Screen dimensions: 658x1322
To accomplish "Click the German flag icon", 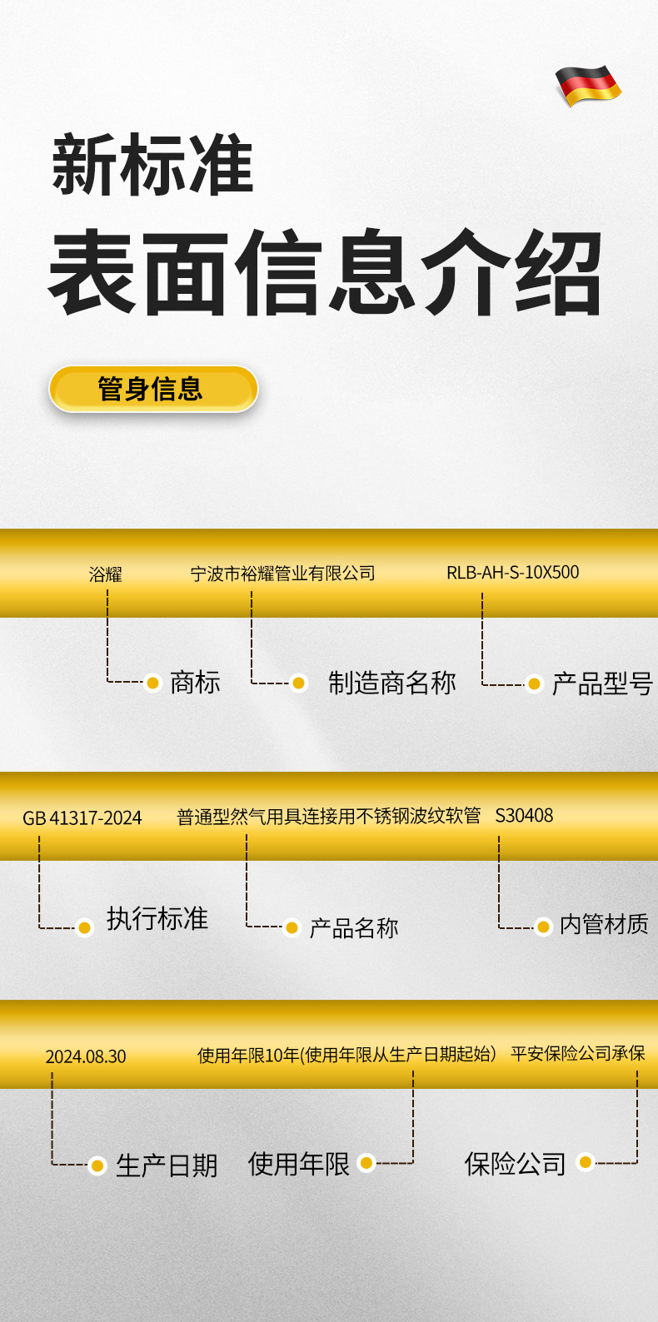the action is (x=588, y=85).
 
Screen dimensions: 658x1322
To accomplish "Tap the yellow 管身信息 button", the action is (x=153, y=389).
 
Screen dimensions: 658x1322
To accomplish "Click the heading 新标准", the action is (x=152, y=165).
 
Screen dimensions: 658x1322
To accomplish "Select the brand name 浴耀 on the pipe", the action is (x=106, y=574).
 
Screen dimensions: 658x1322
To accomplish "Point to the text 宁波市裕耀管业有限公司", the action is (x=283, y=574).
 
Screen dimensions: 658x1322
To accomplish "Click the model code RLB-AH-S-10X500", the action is (x=512, y=573).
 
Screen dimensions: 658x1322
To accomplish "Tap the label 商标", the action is (x=195, y=683).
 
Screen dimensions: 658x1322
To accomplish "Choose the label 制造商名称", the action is (x=391, y=683).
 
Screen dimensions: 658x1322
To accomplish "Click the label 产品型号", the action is (x=601, y=684).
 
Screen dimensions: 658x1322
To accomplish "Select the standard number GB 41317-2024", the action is (x=82, y=818).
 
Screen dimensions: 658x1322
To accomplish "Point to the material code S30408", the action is (x=524, y=816).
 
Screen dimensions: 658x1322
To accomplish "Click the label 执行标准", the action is (x=157, y=918).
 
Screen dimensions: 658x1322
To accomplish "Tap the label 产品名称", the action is (x=354, y=927).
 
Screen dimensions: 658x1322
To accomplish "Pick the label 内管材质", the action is (x=604, y=924).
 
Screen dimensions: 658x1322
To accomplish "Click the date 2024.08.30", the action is (x=86, y=1056).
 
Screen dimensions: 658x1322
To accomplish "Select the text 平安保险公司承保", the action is (x=578, y=1054).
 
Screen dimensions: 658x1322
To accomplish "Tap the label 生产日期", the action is (x=167, y=1165).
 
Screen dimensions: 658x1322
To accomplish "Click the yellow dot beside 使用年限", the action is (x=366, y=1163).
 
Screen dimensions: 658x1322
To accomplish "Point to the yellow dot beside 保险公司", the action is (x=586, y=1162).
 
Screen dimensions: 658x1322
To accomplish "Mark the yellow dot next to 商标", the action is (x=152, y=683).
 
